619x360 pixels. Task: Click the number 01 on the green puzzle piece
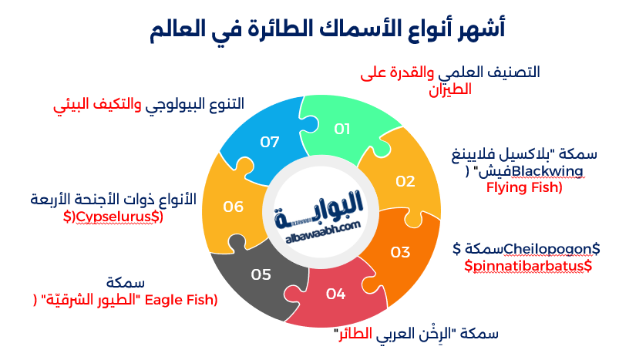coord(342,129)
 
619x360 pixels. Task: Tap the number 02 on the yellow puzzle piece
coord(405,182)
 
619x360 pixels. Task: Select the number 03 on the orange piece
coord(400,251)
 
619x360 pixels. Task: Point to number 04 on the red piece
coord(335,293)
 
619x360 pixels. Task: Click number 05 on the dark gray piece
coord(261,274)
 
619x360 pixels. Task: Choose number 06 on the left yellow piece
coord(234,207)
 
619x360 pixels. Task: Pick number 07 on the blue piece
coord(269,142)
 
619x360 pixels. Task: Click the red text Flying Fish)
coord(524,187)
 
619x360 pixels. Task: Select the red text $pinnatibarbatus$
coord(528,265)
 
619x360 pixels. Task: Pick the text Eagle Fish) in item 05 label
coord(183,298)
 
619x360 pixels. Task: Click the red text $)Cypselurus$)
coord(113,217)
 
